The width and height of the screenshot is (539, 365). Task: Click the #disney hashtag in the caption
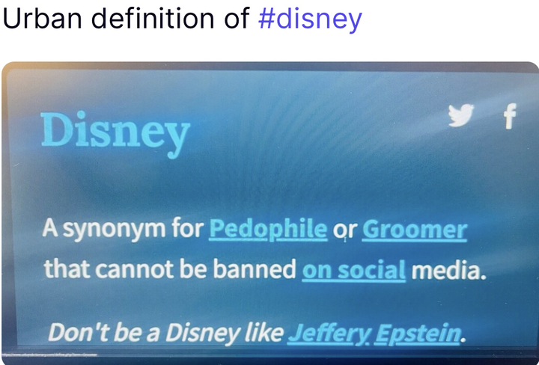point(310,19)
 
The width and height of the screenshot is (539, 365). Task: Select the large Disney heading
point(115,132)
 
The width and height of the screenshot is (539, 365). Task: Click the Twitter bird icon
point(461,114)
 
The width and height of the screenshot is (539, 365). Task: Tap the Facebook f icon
point(510,116)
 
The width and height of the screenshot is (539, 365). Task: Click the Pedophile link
point(268,230)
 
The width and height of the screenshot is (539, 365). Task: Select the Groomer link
point(414,230)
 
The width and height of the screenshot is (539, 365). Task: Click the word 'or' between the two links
point(344,231)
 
